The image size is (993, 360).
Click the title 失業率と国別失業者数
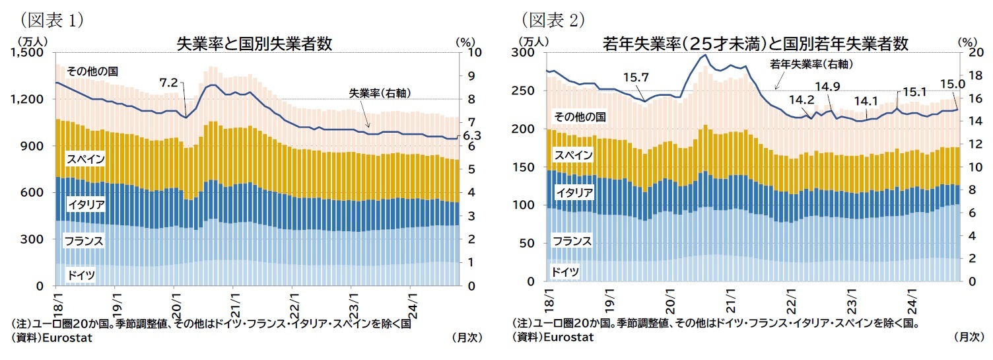pos(254,44)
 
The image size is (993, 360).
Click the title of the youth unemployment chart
pos(755,44)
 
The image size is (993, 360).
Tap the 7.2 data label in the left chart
pos(169,83)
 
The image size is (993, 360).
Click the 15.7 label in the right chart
pos(635,78)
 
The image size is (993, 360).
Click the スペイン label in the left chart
pos(85,159)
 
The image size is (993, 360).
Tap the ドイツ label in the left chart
pos(80,273)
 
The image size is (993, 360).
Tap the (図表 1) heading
pos(51,20)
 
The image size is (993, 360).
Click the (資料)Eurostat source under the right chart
pos(553,337)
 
